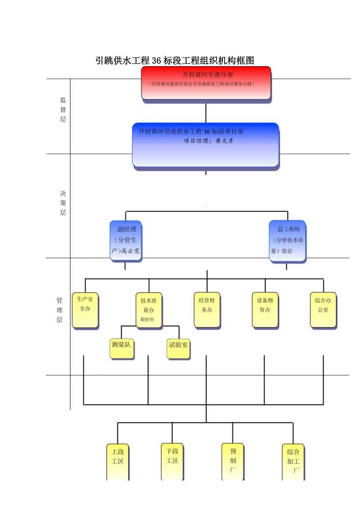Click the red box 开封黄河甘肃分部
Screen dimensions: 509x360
pos(206,83)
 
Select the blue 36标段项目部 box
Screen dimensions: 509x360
pos(205,145)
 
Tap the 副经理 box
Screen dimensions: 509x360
pos(125,241)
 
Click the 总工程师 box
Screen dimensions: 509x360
pos(288,241)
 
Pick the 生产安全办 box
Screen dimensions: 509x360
pos(85,310)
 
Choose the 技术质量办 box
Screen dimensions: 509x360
pos(148,309)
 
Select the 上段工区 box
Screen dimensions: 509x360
pos(117,462)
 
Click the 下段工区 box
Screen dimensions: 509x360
pos(172,462)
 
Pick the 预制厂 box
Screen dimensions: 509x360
pos(232,462)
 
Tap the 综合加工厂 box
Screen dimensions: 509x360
pos(293,462)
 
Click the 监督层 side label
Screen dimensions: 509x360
pos(63,110)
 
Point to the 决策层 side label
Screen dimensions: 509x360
pos(63,203)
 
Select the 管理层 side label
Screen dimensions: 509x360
pos(59,310)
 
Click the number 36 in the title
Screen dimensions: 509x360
pos(157,61)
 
